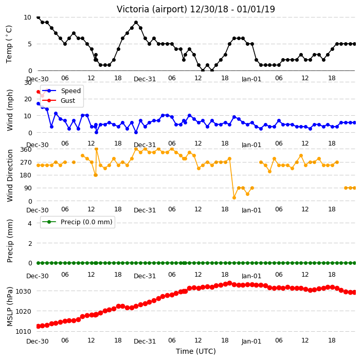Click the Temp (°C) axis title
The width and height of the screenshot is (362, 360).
pyautogui.click(x=9, y=44)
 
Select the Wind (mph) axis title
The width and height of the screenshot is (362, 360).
pyautogui.click(x=10, y=110)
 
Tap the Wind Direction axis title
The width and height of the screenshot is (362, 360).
pyautogui.click(x=10, y=175)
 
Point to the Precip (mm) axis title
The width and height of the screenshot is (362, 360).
pyautogui.click(x=10, y=241)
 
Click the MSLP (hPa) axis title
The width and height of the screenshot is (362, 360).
pyautogui.click(x=10, y=307)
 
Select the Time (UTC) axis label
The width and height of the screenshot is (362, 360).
pyautogui.click(x=196, y=351)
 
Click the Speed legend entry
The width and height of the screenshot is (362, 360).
pyautogui.click(x=61, y=91)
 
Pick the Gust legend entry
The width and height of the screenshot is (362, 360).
pyautogui.click(x=59, y=100)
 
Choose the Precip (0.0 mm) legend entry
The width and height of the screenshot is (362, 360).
pyautogui.click(x=78, y=222)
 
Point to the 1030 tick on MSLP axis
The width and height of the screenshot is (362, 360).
pyautogui.click(x=23, y=291)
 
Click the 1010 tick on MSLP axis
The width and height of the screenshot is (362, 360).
pyautogui.click(x=23, y=331)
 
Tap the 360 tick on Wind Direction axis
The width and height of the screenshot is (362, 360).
pyautogui.click(x=26, y=150)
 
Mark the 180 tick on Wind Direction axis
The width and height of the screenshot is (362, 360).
pyautogui.click(x=26, y=175)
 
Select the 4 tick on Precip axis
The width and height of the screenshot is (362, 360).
pyautogui.click(x=30, y=223)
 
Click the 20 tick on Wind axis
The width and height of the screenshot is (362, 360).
pyautogui.click(x=28, y=99)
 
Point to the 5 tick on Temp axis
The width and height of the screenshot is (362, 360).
pyautogui.click(x=30, y=44)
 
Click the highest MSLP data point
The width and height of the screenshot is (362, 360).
pyautogui.click(x=229, y=283)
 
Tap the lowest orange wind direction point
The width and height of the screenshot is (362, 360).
pyautogui.click(x=234, y=197)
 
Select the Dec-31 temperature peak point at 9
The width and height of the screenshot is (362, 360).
pyautogui.click(x=136, y=23)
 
